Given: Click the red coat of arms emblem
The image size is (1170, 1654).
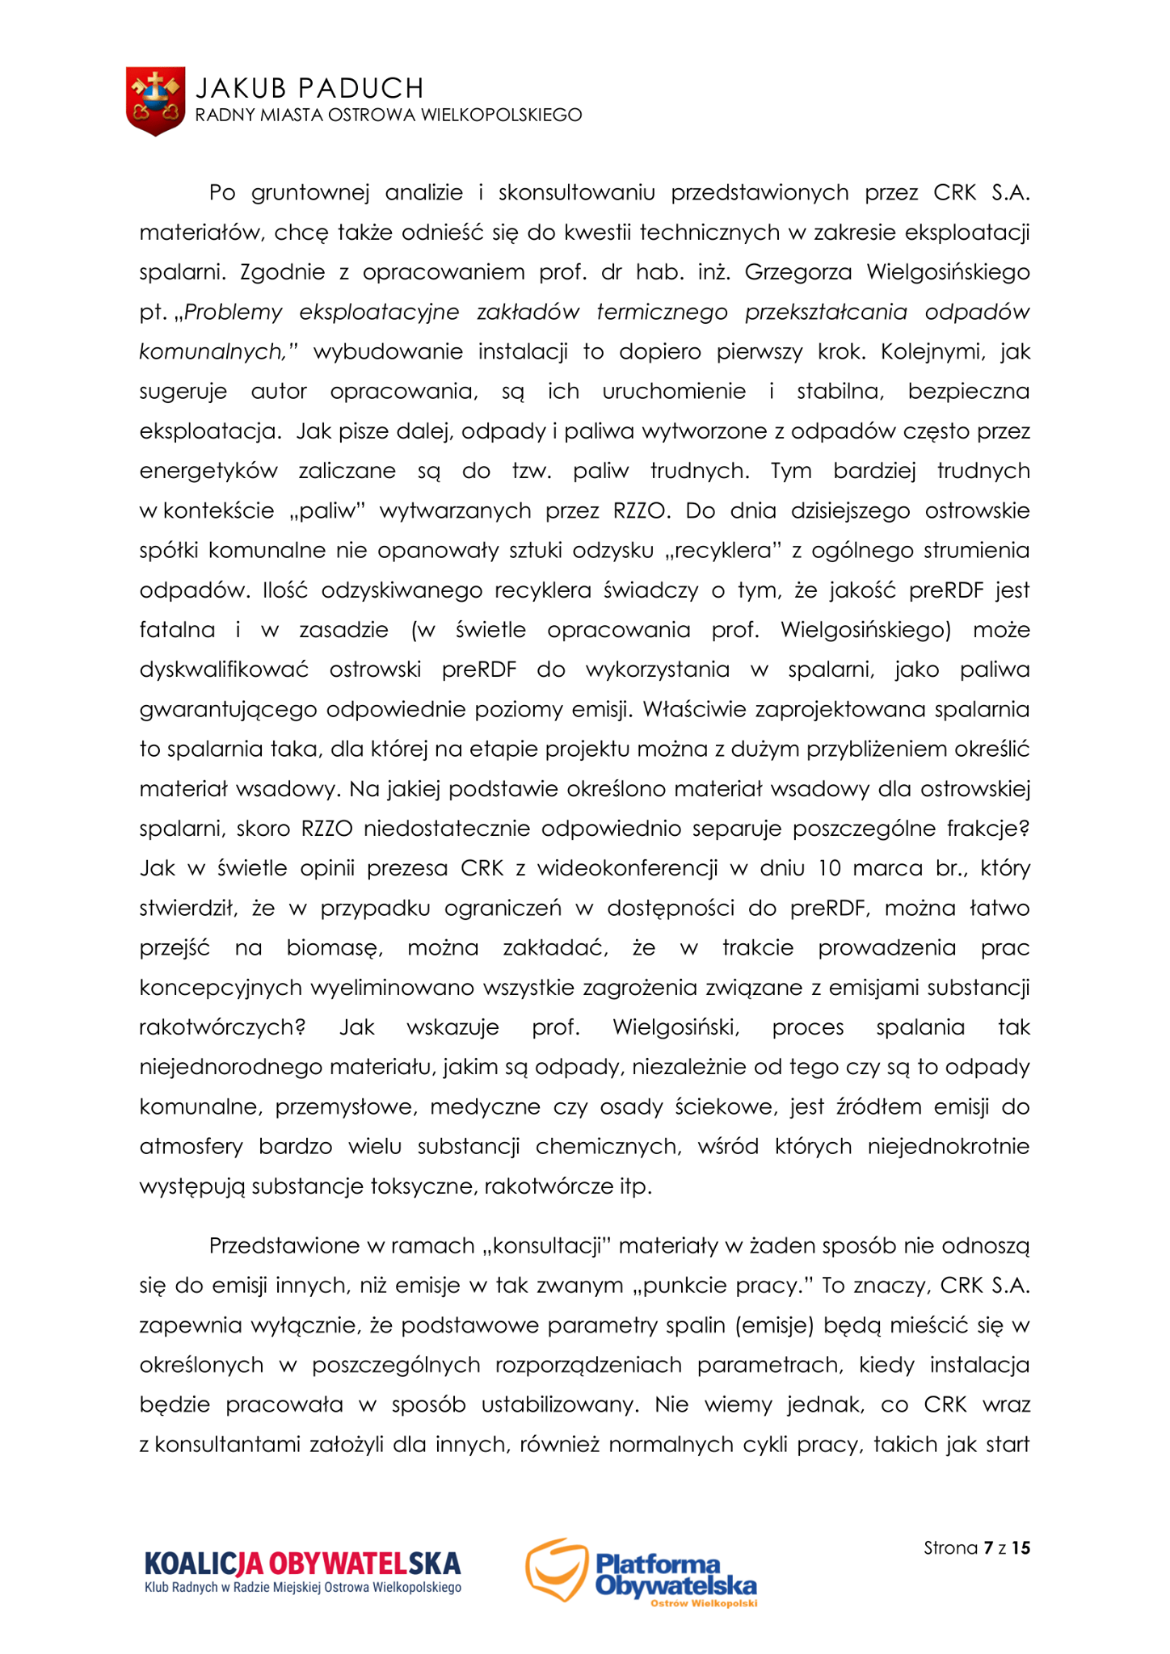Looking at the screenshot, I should pyautogui.click(x=155, y=101).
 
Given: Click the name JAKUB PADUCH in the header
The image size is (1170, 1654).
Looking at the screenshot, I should pyautogui.click(x=309, y=87).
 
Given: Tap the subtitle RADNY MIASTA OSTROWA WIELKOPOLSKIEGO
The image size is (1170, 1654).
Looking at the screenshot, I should pyautogui.click(x=388, y=115).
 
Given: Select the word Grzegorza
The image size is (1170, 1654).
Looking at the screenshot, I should pyautogui.click(x=798, y=272).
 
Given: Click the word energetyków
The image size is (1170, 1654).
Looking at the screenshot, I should pyautogui.click(x=208, y=471).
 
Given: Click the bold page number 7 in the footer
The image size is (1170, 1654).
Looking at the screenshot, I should pyautogui.click(x=987, y=1547).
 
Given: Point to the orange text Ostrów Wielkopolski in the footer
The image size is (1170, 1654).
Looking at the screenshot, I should pyautogui.click(x=703, y=1603).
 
